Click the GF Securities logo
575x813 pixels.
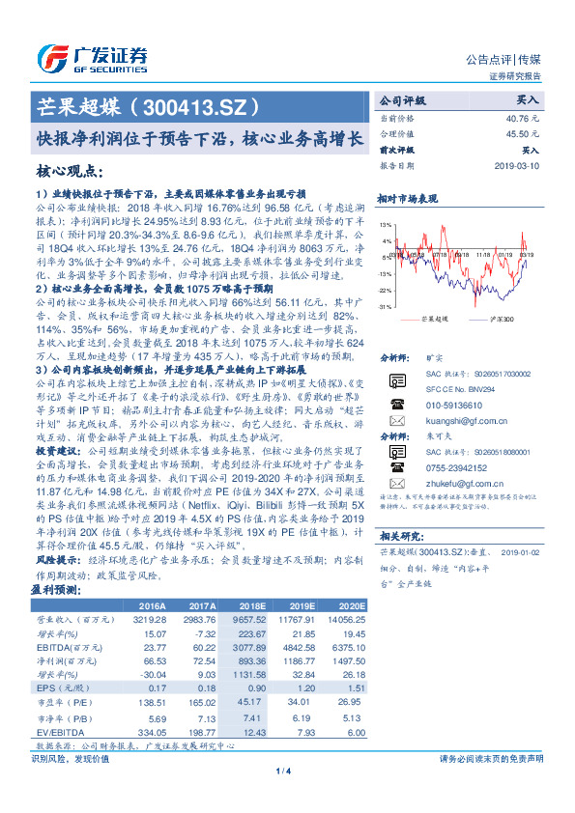(x=93, y=55)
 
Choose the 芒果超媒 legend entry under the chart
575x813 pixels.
(x=436, y=319)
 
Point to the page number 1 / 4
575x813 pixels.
(x=283, y=798)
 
